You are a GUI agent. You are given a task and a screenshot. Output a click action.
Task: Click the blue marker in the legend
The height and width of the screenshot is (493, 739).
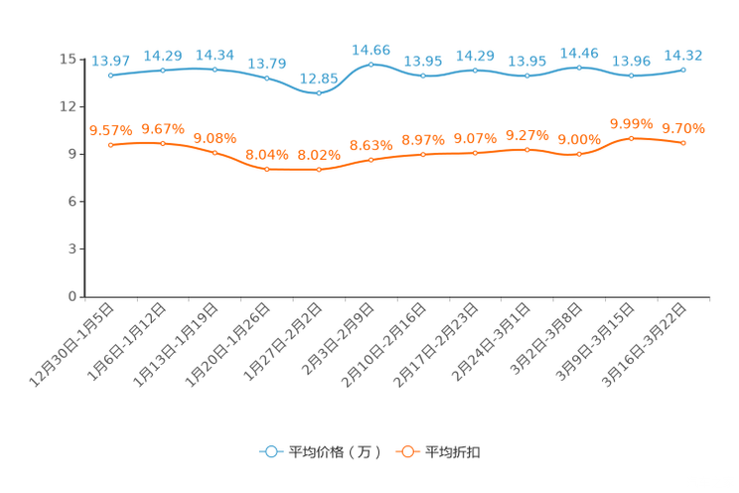270,451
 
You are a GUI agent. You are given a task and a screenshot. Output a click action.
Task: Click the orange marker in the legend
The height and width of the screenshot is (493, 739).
406,451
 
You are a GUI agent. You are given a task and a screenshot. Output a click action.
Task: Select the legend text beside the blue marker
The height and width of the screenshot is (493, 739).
335,452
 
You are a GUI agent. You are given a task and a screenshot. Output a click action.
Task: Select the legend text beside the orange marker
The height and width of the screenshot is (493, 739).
454,452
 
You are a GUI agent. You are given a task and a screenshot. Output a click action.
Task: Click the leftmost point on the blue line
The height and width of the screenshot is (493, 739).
110,76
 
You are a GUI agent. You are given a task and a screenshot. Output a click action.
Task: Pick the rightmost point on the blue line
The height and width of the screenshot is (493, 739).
684,70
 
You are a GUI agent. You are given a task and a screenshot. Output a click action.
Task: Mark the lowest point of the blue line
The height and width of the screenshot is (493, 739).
318,93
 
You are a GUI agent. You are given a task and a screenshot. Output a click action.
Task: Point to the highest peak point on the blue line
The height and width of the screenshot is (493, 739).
371,64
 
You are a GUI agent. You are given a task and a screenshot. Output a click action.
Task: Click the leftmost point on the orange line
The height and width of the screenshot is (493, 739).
110,145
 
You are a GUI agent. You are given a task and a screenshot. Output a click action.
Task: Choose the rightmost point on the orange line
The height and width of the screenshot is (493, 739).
684,143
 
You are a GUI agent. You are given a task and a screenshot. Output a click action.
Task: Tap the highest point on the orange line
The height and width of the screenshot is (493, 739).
632,138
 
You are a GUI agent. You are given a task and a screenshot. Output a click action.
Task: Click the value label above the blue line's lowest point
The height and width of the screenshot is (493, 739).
318,78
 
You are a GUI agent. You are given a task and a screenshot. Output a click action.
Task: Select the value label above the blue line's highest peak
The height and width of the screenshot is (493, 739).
371,48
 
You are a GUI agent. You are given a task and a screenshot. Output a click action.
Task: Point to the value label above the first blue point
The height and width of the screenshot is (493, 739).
110,61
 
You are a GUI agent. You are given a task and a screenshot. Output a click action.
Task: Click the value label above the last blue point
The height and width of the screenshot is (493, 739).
684,55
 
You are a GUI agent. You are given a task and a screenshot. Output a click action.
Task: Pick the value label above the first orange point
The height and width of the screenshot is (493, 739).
110,130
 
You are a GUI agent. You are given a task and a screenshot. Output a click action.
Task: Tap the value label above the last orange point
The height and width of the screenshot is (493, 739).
684,128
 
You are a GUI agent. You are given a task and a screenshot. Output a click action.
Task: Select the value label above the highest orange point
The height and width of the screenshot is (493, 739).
632,123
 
